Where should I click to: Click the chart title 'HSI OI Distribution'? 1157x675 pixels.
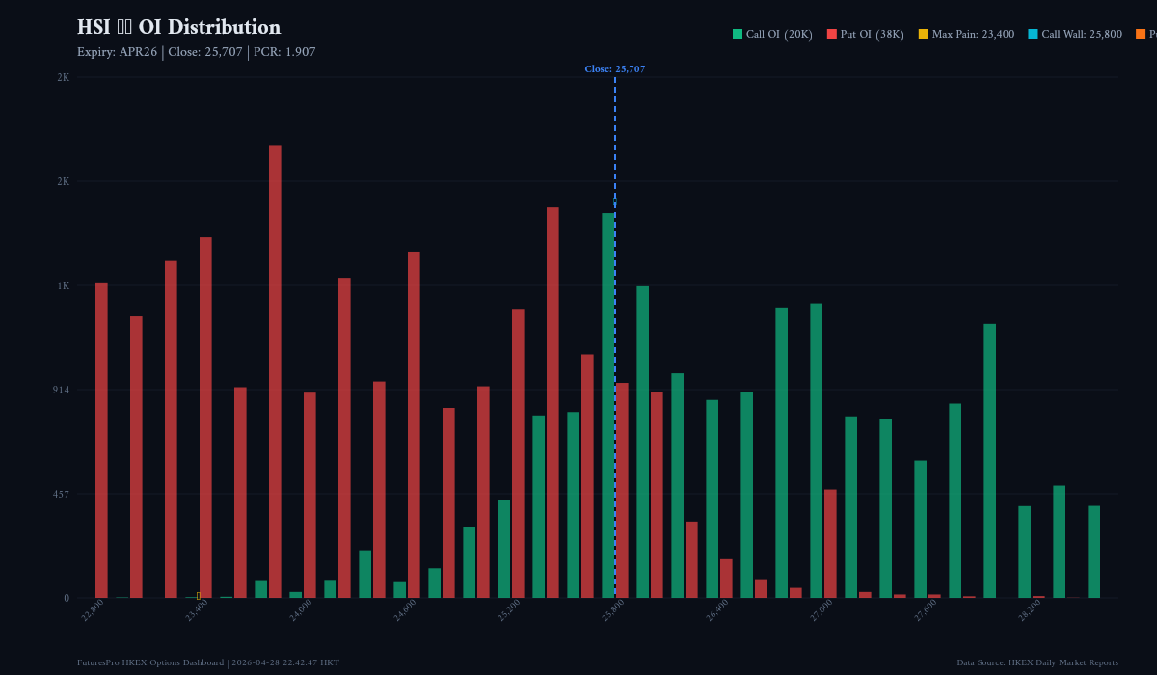(x=178, y=27)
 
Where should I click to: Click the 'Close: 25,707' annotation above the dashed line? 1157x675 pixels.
(x=614, y=69)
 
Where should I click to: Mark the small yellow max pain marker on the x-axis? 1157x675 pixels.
(x=199, y=595)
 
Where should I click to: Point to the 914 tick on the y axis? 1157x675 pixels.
(x=60, y=390)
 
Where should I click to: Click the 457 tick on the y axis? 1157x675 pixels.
(x=60, y=494)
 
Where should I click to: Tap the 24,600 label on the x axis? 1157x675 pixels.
(x=405, y=609)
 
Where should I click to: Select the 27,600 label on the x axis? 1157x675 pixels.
(x=926, y=609)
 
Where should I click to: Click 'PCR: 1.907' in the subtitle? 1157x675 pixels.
(x=284, y=52)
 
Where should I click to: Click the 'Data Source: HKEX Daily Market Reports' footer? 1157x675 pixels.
(x=1037, y=662)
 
